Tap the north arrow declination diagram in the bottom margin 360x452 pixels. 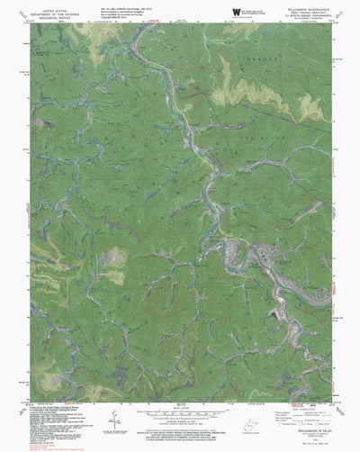pos(114,420)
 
